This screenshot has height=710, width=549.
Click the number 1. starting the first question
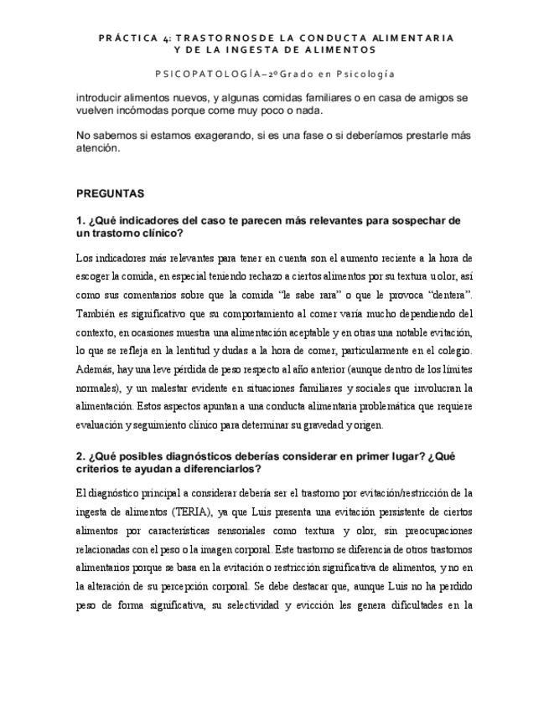tap(80, 220)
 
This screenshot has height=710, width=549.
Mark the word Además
tap(93, 369)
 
